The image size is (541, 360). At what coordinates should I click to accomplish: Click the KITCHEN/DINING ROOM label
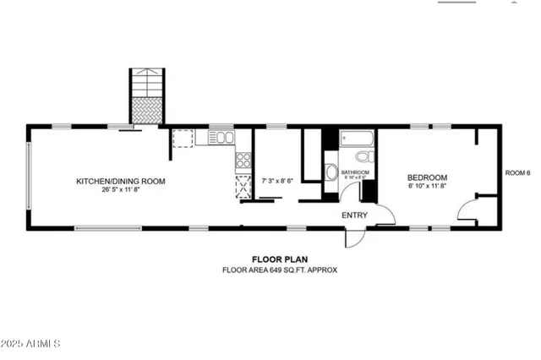click(x=121, y=181)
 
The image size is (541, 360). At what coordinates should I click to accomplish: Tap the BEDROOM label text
click(x=427, y=177)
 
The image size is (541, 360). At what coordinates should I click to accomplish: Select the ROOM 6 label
click(x=517, y=173)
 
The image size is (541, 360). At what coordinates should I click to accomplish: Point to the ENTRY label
click(x=354, y=215)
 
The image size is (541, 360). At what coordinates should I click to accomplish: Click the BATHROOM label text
click(x=355, y=172)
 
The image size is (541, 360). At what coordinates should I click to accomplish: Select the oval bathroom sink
click(x=331, y=173)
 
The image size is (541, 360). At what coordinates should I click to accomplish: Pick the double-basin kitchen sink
click(x=221, y=137)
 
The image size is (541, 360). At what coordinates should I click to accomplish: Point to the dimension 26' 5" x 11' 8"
click(x=121, y=190)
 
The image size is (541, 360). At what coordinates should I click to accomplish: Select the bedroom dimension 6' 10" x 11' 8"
click(x=427, y=186)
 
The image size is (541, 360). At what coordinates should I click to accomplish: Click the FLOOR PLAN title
click(x=279, y=259)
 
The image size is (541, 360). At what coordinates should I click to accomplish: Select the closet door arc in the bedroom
click(x=466, y=210)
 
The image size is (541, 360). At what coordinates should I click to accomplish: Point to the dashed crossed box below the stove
click(x=243, y=186)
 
